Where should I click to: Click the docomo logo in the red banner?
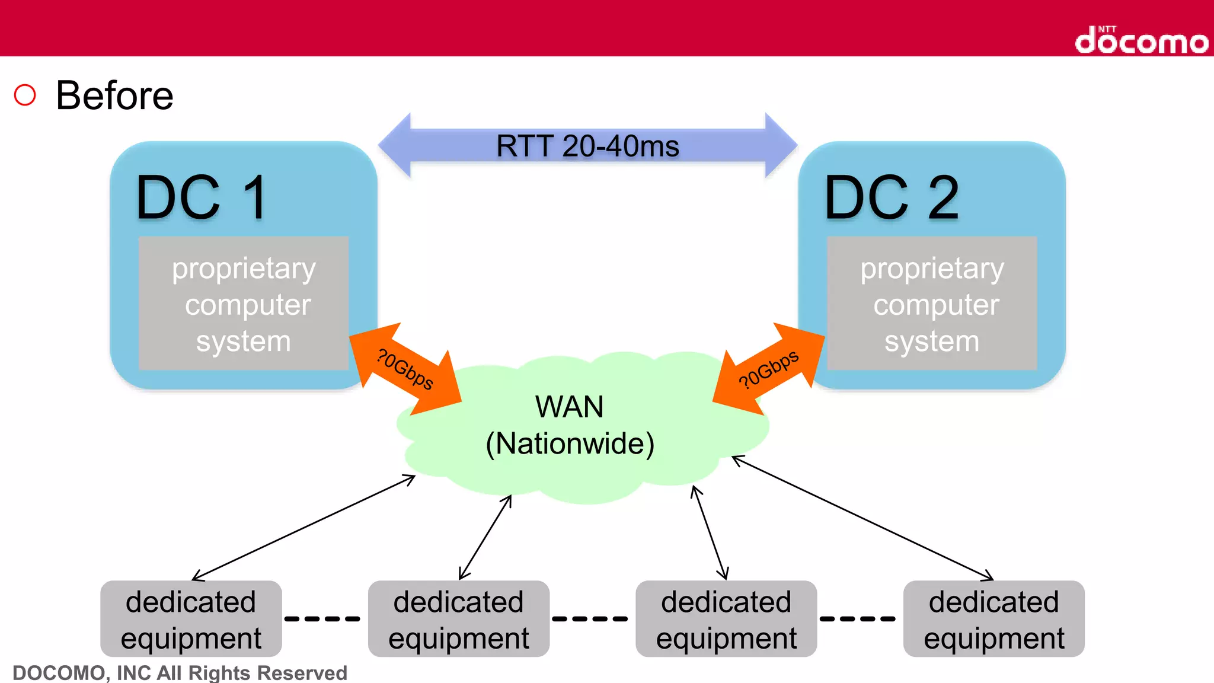(x=1141, y=40)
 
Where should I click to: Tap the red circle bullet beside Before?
(x=25, y=95)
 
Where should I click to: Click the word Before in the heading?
(x=114, y=95)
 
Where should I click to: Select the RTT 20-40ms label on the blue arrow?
(x=587, y=146)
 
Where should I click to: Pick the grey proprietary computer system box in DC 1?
(x=244, y=304)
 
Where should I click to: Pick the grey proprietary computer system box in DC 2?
(x=932, y=304)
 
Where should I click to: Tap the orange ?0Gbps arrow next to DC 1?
(x=405, y=369)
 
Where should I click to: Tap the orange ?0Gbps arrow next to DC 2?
(x=769, y=369)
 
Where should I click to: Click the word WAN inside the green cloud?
(x=569, y=407)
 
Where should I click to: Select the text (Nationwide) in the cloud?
(x=570, y=443)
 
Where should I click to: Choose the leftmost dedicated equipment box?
(x=191, y=619)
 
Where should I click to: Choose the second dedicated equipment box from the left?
(x=458, y=619)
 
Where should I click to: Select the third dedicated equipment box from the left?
(x=726, y=619)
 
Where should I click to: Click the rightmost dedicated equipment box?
(x=993, y=619)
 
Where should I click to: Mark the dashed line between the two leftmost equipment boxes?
(x=322, y=618)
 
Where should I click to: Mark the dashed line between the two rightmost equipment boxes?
(x=858, y=618)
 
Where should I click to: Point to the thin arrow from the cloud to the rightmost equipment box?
(x=862, y=518)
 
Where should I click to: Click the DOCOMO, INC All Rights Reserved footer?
(x=180, y=673)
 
